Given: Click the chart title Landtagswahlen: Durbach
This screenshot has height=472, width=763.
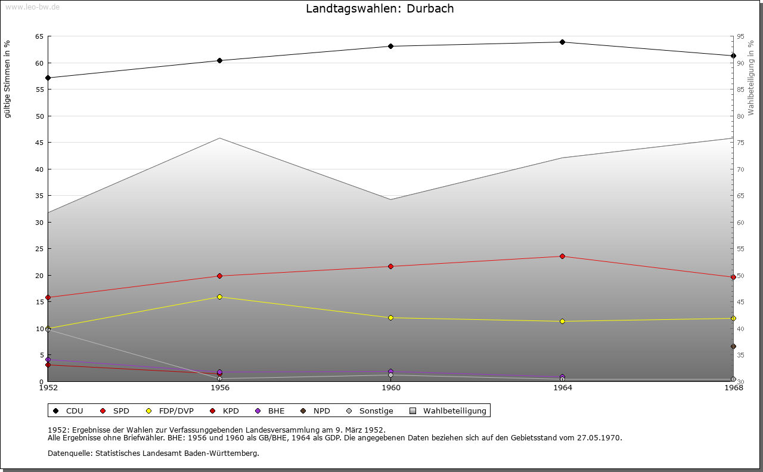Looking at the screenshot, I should [380, 9].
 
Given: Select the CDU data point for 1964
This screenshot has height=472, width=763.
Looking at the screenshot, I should [562, 42].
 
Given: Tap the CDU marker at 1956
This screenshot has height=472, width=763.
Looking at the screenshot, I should [219, 60].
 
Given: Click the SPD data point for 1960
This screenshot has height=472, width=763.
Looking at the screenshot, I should [390, 266].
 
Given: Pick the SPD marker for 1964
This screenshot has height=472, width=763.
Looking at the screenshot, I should [562, 257].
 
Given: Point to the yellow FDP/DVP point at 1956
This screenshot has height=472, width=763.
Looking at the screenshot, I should [219, 297].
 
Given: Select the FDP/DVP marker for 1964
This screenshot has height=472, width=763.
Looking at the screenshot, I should [562, 321].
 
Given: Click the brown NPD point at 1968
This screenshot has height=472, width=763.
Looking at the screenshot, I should [733, 347].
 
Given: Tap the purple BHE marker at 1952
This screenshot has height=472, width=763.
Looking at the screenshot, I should [48, 360].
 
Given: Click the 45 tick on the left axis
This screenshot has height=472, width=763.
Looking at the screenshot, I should [39, 143].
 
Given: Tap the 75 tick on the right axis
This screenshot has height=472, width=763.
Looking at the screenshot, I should [740, 143].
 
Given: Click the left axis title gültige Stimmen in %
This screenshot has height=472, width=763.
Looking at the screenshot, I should [8, 79].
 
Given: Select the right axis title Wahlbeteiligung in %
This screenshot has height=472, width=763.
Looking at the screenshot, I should [751, 78].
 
